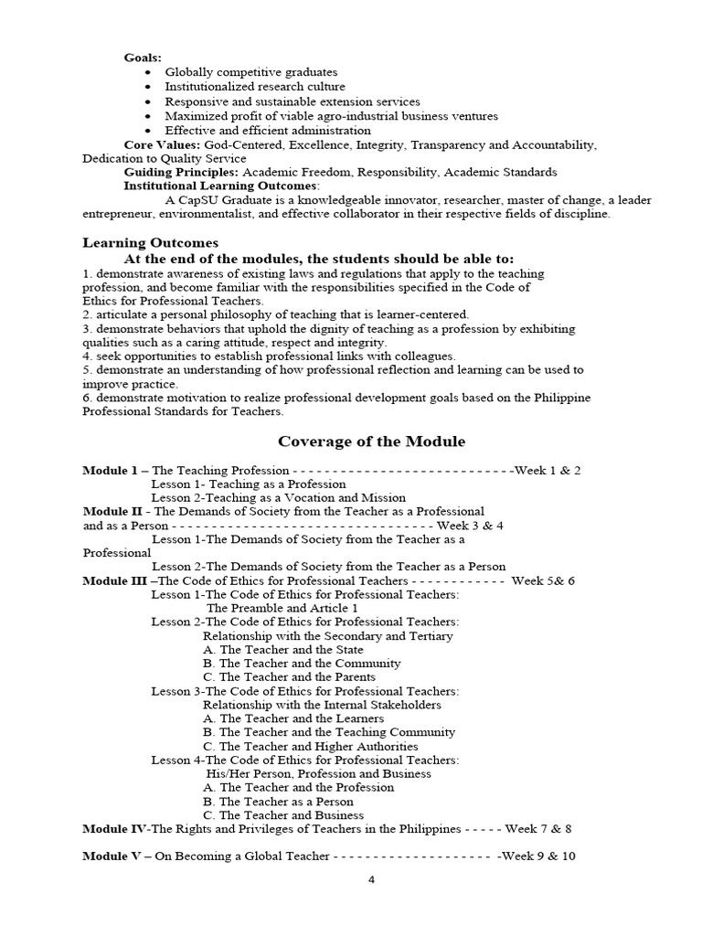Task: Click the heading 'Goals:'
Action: (143, 58)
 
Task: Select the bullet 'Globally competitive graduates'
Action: (250, 72)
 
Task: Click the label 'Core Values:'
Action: (162, 145)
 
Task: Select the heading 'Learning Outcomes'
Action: (151, 242)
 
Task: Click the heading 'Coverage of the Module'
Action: (371, 441)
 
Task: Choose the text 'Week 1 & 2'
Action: (548, 471)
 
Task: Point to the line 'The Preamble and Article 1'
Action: (282, 608)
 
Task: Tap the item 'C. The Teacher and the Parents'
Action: (289, 677)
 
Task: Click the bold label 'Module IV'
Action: (115, 829)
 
